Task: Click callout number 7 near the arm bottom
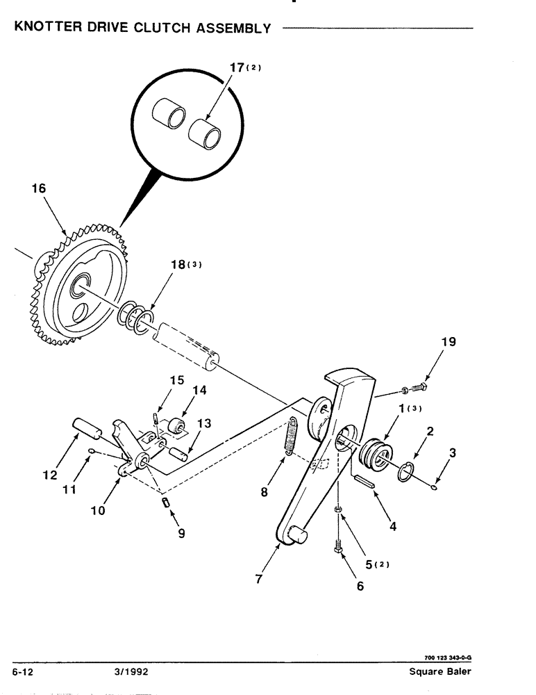pos(259,578)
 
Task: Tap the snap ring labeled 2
pos(406,475)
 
